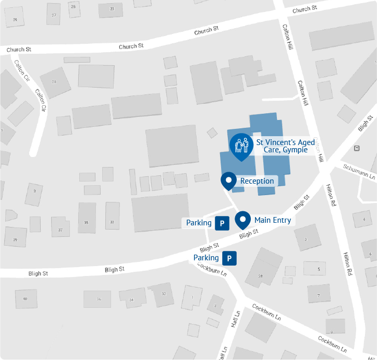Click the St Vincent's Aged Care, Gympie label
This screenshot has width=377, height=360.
(285, 146)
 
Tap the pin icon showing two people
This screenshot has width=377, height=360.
(241, 145)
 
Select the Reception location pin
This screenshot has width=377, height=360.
(228, 181)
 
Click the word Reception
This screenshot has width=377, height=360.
(257, 181)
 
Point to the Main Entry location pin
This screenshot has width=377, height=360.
(242, 220)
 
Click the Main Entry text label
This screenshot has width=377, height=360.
(272, 220)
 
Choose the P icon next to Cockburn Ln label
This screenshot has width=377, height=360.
(229, 258)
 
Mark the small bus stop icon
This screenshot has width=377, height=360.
(357, 148)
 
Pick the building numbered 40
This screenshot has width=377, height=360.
(25, 298)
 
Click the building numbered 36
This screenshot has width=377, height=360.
(99, 299)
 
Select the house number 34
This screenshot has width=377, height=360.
(131, 299)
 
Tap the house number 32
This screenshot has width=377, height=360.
(164, 294)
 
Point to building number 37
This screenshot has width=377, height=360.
(60, 230)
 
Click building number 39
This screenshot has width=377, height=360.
(15, 240)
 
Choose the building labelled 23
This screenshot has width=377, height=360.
(112, 9)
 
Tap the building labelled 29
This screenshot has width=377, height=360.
(15, 20)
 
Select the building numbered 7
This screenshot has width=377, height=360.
(318, 295)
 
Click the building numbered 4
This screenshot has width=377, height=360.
(363, 220)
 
